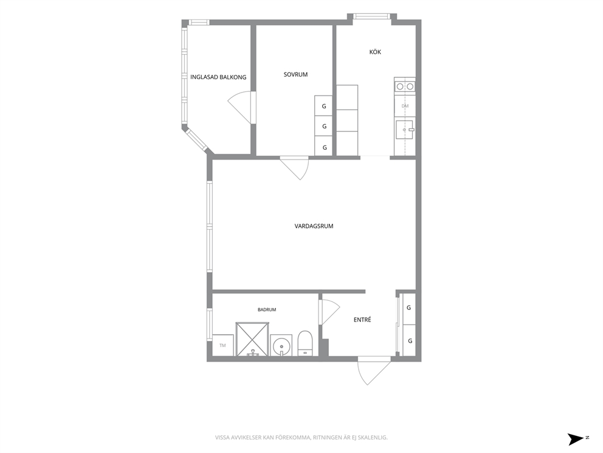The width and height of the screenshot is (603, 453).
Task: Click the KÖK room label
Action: pyautogui.click(x=375, y=52)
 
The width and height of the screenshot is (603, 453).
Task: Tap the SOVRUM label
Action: pyautogui.click(x=296, y=75)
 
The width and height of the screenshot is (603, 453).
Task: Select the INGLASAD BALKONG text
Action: pyautogui.click(x=218, y=77)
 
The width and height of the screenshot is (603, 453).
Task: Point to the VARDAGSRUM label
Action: pyautogui.click(x=314, y=226)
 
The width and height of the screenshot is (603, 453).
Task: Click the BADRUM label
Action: pyautogui.click(x=267, y=309)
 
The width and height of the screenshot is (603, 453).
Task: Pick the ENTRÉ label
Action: pyautogui.click(x=362, y=320)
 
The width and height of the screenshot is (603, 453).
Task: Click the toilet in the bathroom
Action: pyautogui.click(x=306, y=343)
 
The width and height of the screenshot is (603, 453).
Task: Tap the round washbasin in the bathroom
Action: pyautogui.click(x=281, y=345)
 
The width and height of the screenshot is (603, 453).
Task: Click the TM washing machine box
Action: pyautogui.click(x=223, y=345)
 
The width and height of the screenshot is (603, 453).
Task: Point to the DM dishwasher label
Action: pyautogui.click(x=405, y=106)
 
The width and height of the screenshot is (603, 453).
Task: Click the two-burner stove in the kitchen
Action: pyautogui.click(x=405, y=86)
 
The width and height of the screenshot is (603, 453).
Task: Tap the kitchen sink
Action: pyautogui.click(x=405, y=130)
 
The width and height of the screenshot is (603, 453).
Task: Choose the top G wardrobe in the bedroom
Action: pyautogui.click(x=324, y=106)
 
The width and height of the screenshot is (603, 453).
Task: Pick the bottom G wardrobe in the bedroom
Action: pyautogui.click(x=324, y=147)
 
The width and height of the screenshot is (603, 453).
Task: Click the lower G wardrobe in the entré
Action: pyautogui.click(x=409, y=340)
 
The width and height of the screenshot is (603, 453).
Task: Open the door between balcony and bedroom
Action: pyautogui.click(x=241, y=108)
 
